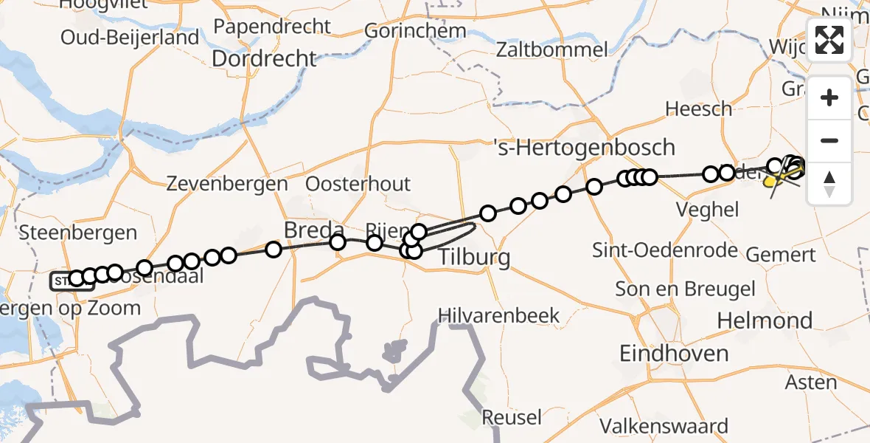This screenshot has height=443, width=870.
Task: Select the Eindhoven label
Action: click(674, 353)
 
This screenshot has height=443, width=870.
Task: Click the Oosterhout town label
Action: click(358, 184)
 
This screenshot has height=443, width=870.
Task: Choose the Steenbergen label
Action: click(78, 233)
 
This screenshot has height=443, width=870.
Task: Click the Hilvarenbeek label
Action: click(498, 315)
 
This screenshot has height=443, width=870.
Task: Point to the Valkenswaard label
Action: click(664, 426)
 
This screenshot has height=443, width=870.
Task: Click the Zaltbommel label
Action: click(552, 50)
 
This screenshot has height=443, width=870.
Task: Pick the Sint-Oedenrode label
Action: click(665, 250)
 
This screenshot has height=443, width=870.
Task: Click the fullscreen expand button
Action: click(829, 40)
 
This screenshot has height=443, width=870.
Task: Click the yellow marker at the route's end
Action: click(771, 181)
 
